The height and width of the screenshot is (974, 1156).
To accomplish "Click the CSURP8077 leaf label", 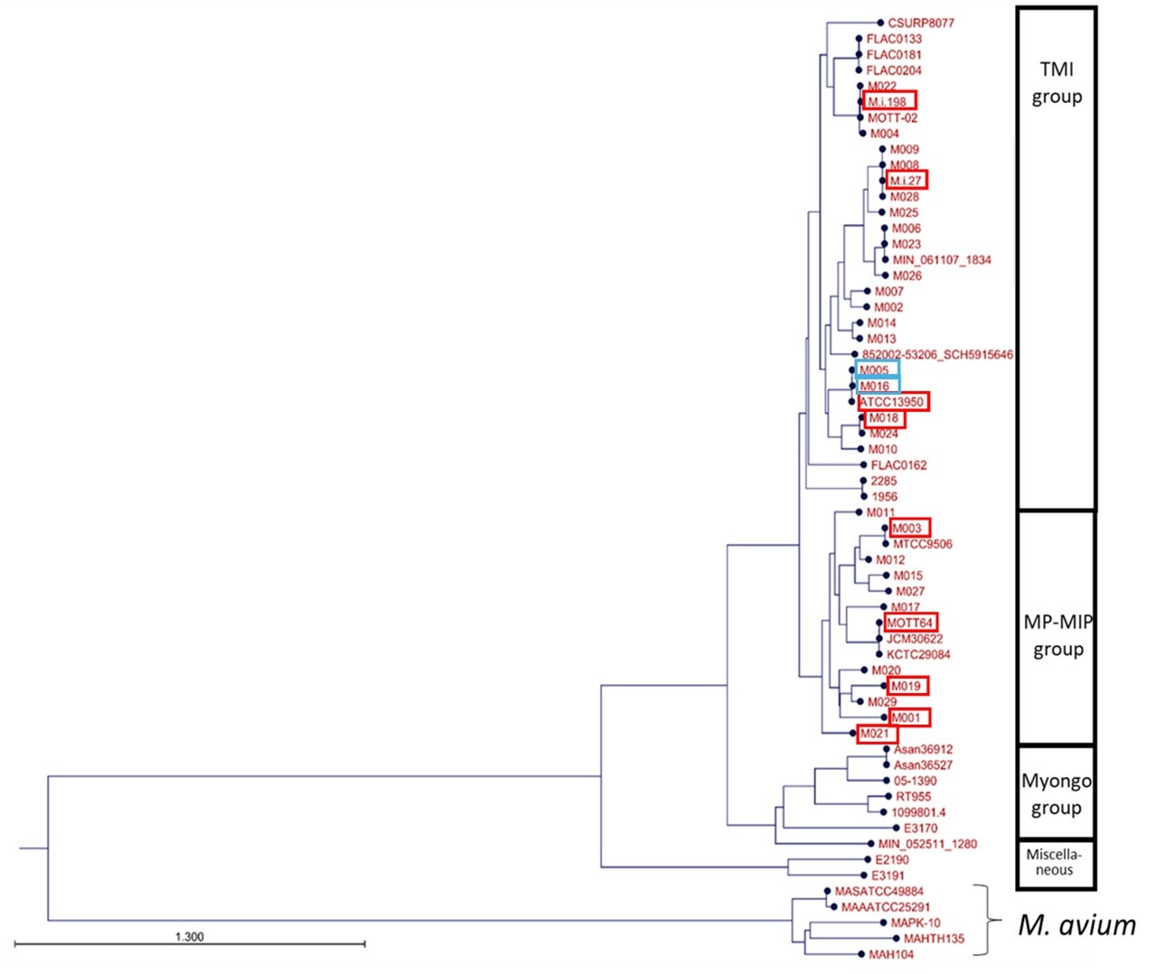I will (x=920, y=23).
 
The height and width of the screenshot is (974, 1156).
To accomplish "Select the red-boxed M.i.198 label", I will (x=888, y=101).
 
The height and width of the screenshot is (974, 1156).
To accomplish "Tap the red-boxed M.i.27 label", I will (x=907, y=181).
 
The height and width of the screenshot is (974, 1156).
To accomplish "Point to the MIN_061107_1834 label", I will (x=942, y=260).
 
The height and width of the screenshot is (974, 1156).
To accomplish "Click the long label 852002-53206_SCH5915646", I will (x=937, y=355).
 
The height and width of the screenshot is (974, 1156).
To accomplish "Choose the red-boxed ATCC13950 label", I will (x=892, y=402).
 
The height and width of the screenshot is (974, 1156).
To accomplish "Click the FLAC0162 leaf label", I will (x=898, y=465).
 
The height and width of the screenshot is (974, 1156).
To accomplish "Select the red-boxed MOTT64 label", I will (x=909, y=623).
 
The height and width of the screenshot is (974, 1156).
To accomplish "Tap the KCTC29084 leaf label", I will (x=918, y=654).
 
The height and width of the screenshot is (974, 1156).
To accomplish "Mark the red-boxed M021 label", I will (x=875, y=734).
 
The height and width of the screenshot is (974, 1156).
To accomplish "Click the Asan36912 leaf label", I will (x=923, y=749).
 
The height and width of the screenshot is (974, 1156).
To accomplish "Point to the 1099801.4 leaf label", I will (x=918, y=812).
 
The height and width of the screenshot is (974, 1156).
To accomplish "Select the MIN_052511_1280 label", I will (x=927, y=844).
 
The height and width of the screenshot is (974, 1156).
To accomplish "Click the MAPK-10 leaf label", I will (x=915, y=922).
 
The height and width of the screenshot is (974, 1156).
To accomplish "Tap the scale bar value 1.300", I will (x=189, y=937).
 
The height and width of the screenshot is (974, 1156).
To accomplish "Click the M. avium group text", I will (x=1076, y=925).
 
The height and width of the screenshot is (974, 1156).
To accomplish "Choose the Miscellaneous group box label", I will (x=1054, y=862).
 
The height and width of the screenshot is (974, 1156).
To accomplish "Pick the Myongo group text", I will (x=1057, y=793).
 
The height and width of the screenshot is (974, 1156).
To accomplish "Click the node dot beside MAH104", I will (x=860, y=954).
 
